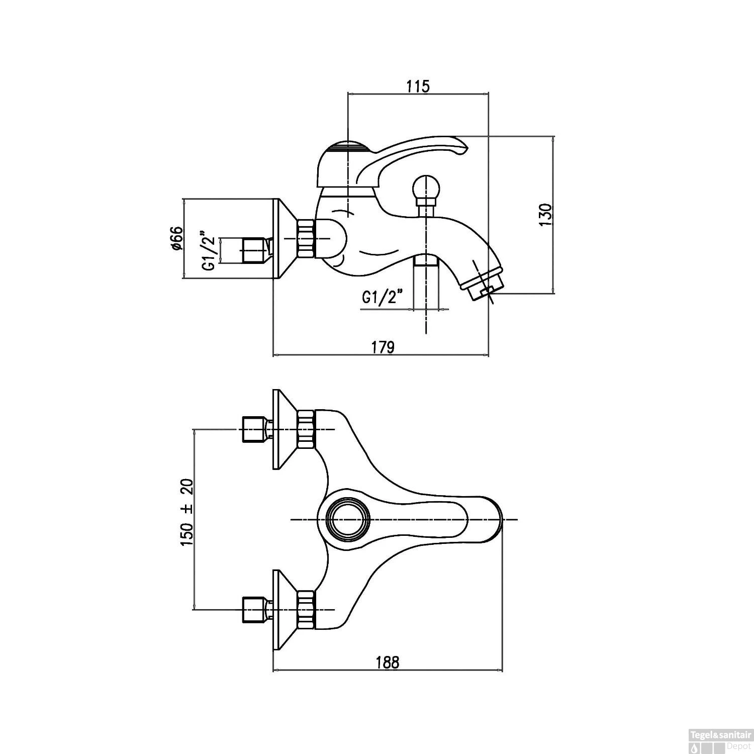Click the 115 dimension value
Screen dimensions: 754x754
418,86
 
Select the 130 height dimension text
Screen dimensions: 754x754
546,215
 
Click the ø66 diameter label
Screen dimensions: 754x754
175,239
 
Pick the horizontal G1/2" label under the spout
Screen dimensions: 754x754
383,298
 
